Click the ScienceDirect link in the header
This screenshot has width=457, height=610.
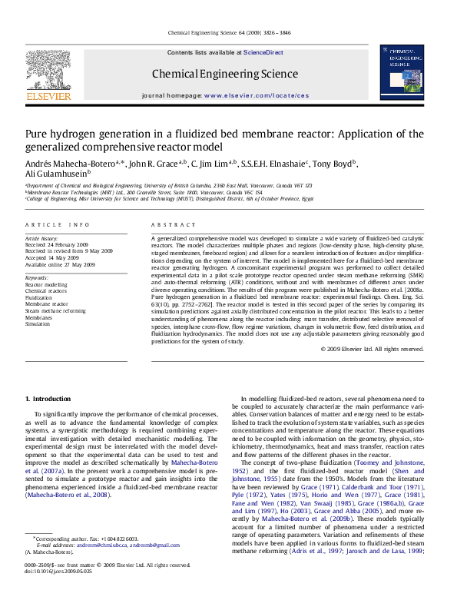263,53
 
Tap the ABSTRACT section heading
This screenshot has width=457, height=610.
167,224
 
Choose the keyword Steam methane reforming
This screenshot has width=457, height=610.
55,310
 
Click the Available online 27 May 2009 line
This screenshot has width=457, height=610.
60,264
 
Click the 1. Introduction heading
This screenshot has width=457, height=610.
48,398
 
